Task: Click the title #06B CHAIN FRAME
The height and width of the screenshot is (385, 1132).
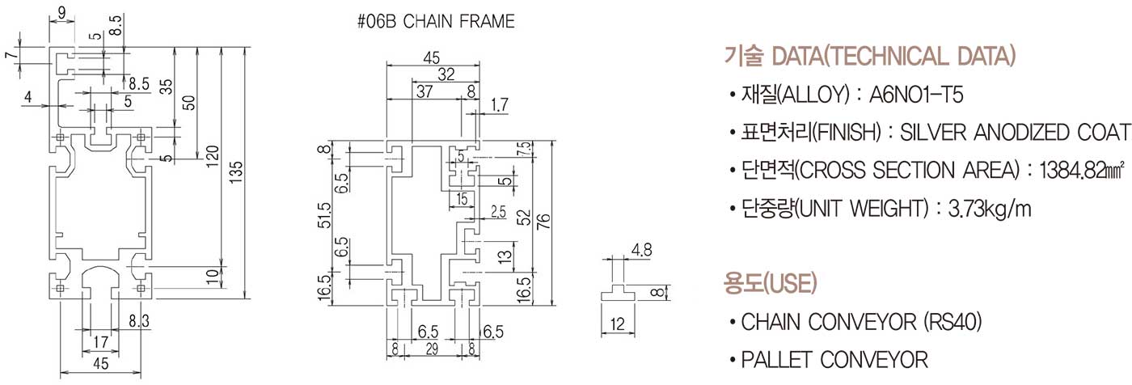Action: click(435, 22)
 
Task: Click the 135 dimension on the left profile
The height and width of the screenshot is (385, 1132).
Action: click(235, 171)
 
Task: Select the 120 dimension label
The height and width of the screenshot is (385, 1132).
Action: click(212, 154)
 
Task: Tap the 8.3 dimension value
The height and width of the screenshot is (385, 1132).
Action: click(138, 322)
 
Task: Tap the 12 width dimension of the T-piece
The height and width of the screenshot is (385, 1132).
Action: click(618, 324)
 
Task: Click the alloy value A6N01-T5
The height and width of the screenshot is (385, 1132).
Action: click(916, 95)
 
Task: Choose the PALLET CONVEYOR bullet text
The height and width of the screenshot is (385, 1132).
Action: click(834, 359)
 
